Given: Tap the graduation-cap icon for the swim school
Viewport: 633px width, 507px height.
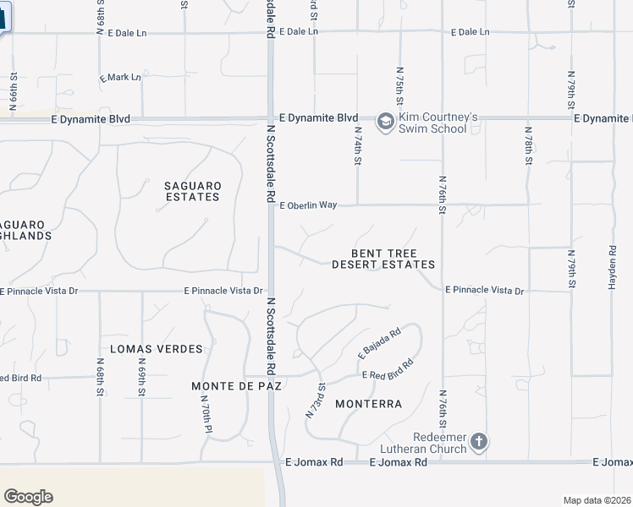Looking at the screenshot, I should pos(385,123).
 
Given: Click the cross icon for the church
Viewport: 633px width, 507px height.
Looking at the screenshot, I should pos(479,442).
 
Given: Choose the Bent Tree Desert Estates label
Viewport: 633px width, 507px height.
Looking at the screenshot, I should pos(383,259).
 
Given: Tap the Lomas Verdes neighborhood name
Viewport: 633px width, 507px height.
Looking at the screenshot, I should pos(157,348).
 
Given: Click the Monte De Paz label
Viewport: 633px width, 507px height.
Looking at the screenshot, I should pos(236,385).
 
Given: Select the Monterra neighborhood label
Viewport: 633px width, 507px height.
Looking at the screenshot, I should pos(368,404).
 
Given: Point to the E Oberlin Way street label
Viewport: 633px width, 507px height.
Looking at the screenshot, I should pos(308,205).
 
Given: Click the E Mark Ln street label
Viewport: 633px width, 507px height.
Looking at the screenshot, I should pos(120,77).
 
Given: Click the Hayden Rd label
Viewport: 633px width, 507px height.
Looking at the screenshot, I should pos(612,269).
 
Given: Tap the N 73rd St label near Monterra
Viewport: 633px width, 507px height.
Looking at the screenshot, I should pos(315,400).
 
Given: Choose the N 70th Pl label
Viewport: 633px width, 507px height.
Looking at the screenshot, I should pos(206,417).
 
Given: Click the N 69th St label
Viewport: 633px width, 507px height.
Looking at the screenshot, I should pos(141,377).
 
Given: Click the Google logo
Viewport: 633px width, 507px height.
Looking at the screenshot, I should pos(28,496).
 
